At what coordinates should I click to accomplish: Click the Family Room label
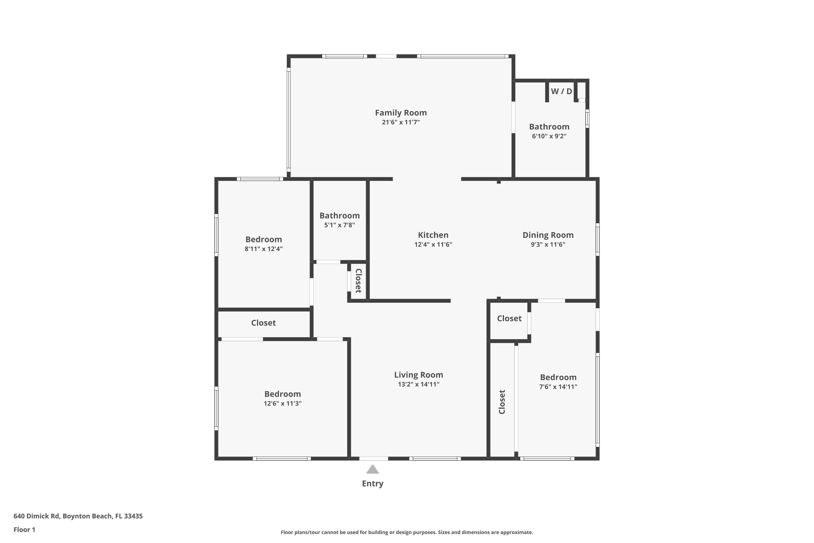coord(401,113)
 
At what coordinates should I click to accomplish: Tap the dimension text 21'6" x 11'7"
coord(401,122)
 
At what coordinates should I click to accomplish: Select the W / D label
coord(561,91)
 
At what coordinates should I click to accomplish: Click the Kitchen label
coord(433,235)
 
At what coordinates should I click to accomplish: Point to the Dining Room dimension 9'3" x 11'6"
coord(548,245)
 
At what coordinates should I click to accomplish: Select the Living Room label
coord(418,375)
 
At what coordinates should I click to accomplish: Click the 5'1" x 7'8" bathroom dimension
coord(339,225)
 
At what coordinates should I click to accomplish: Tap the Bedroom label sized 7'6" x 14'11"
coord(558,377)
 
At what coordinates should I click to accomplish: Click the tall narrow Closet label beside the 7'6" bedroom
coord(502,402)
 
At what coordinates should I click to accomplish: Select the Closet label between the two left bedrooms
coord(263,323)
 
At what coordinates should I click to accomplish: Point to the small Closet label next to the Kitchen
coord(358,280)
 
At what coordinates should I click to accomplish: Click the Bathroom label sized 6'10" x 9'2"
coord(549,127)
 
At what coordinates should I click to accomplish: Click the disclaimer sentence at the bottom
coord(407,532)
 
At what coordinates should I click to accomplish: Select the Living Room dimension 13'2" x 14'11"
coord(418,384)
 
